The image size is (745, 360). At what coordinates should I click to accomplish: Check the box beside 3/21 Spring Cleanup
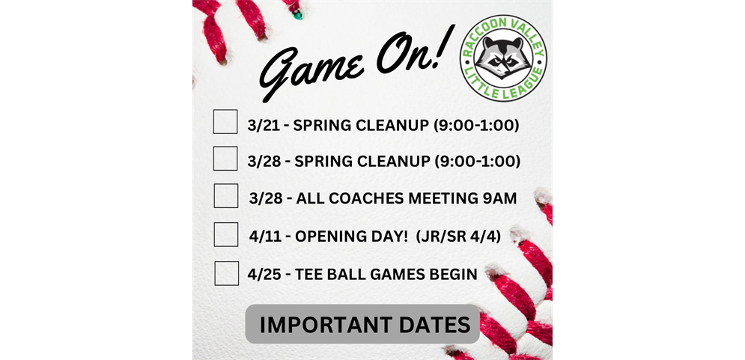click(x=225, y=121)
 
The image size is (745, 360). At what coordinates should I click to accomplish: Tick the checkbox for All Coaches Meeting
click(x=226, y=195)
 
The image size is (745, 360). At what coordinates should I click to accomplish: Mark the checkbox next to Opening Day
click(x=226, y=234)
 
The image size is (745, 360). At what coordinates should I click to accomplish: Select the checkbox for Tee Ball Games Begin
click(x=226, y=272)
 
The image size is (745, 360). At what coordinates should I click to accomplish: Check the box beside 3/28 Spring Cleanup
click(x=225, y=158)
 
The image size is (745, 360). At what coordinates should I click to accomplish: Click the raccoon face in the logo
click(x=503, y=58)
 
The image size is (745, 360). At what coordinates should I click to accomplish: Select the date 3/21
click(x=262, y=125)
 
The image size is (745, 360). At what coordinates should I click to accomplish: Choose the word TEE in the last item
click(x=310, y=275)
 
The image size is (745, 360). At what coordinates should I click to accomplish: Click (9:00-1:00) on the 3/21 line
click(x=476, y=125)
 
